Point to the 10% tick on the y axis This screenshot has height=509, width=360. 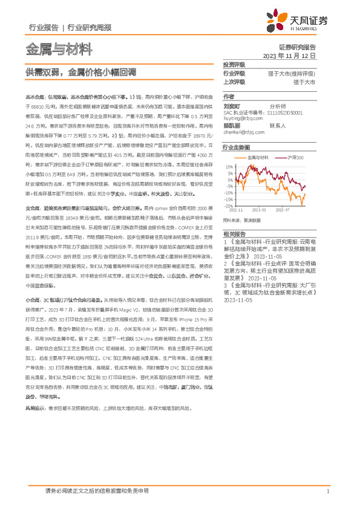229,165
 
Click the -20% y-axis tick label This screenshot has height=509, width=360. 227,206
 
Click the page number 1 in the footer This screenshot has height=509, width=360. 327,491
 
